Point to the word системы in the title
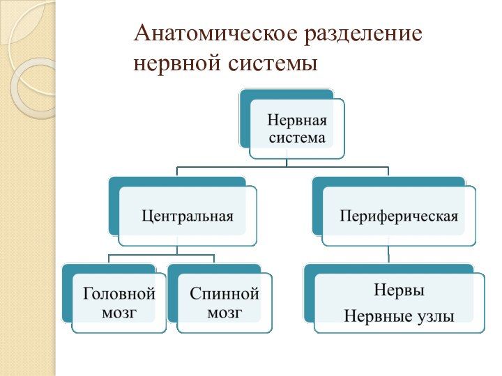click(x=273, y=64)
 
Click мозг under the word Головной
click(x=119, y=313)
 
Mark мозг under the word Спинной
click(x=225, y=313)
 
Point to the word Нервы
click(x=400, y=289)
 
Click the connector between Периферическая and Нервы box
click(x=389, y=254)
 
